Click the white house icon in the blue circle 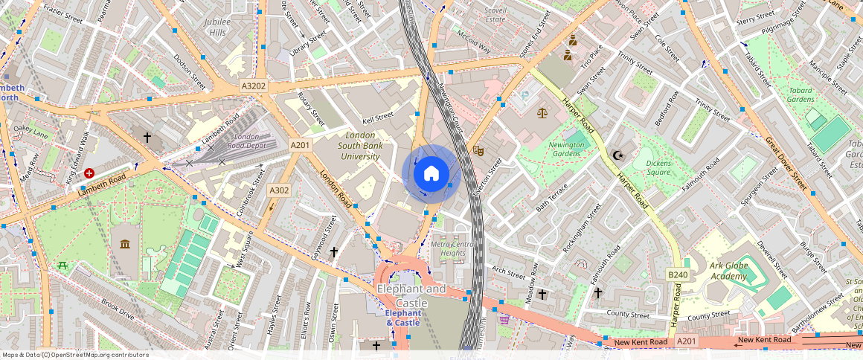(431, 173)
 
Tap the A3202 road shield (254, 86)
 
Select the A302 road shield (279, 190)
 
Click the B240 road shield (677, 275)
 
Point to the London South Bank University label (361, 146)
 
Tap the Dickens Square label (647, 167)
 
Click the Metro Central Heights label (452, 248)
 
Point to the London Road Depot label (247, 141)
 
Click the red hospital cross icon (90, 173)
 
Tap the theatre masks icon (478, 150)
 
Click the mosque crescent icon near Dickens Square (617, 155)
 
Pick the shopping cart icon (504, 319)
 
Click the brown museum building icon (124, 244)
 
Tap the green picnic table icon (62, 265)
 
